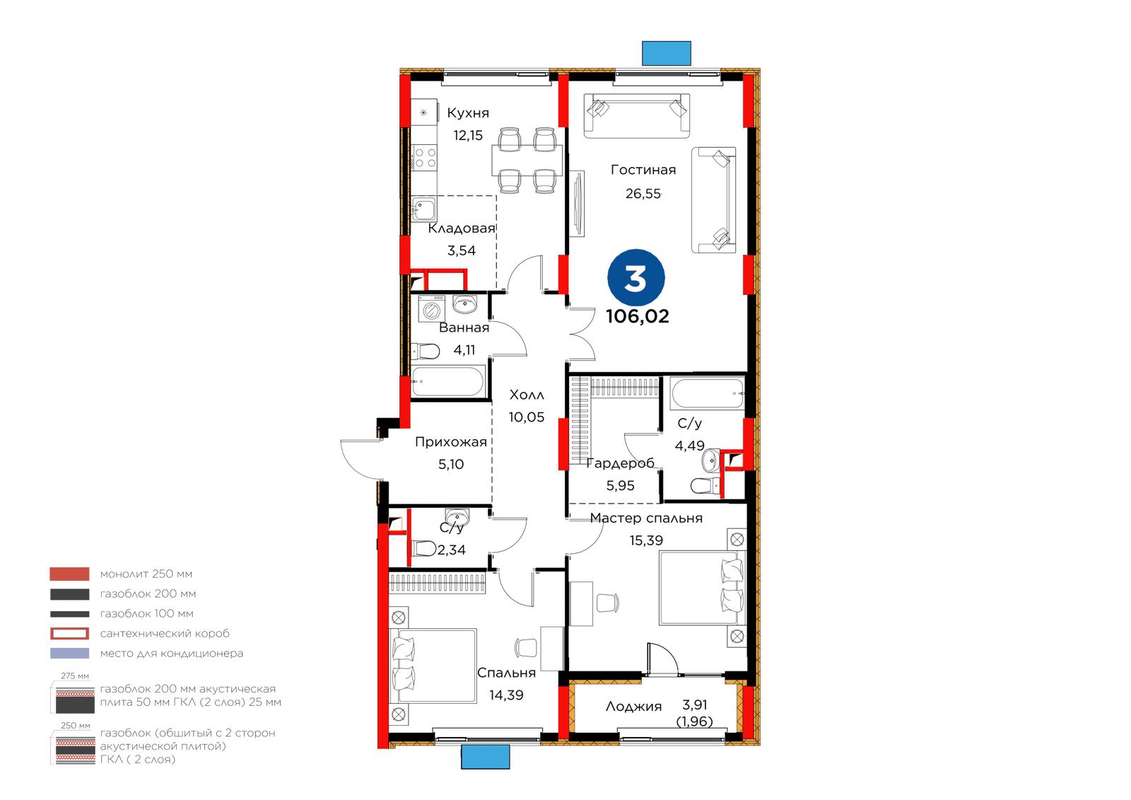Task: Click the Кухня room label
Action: [x=467, y=112]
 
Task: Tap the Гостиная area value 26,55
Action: [x=643, y=194]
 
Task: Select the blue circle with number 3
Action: [x=635, y=278]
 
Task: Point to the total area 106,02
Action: [x=637, y=316]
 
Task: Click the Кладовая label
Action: [x=462, y=228]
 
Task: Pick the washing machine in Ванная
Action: [x=432, y=309]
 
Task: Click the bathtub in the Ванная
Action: [x=448, y=381]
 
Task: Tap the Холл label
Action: [x=527, y=395]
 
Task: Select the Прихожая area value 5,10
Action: [x=451, y=464]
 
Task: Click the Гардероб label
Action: [x=620, y=463]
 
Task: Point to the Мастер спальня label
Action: [x=646, y=518]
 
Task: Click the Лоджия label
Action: [x=633, y=707]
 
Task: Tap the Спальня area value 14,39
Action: [x=506, y=695]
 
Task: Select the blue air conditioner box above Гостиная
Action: [x=667, y=53]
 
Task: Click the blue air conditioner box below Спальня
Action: [x=486, y=757]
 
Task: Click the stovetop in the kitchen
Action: [x=424, y=157]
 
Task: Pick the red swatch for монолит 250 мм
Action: [x=70, y=574]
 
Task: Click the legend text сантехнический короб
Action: [x=165, y=633]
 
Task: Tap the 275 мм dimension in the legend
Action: [x=75, y=676]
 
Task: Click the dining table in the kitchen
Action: [x=527, y=160]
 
